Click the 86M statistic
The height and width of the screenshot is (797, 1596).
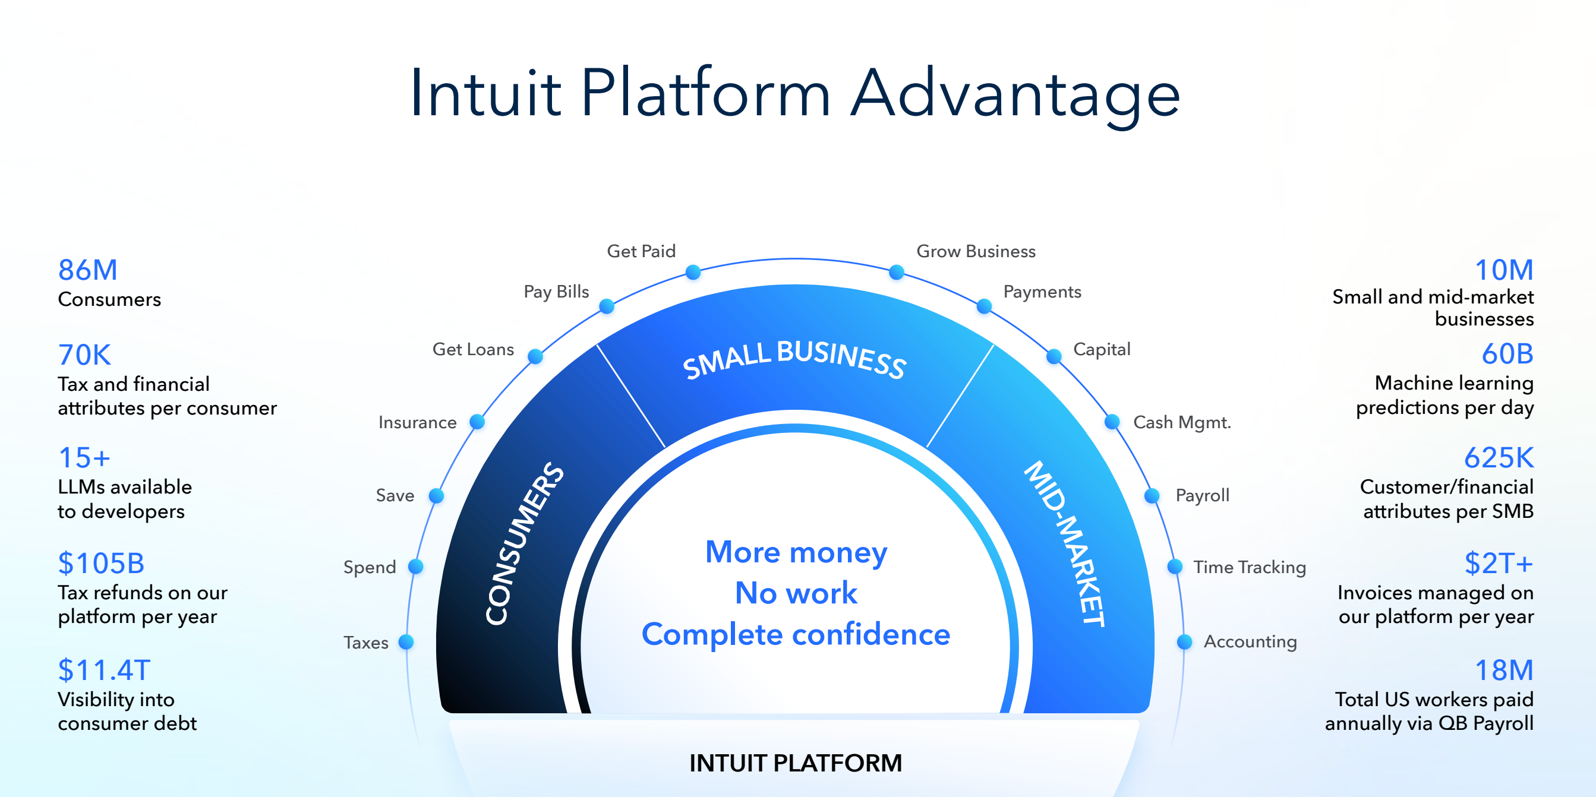click(x=87, y=270)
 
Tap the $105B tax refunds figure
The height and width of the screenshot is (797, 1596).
click(x=101, y=564)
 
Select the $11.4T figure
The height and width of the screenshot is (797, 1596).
click(x=104, y=670)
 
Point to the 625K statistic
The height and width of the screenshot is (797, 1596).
click(x=1499, y=458)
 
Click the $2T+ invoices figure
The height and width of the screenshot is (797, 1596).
click(x=1499, y=564)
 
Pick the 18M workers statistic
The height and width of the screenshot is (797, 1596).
click(x=1504, y=670)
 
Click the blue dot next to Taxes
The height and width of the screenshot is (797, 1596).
click(x=406, y=642)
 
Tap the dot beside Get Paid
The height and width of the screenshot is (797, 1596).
click(x=693, y=273)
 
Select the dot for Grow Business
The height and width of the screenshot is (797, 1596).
click(x=897, y=273)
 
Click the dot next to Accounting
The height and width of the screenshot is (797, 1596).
click(x=1185, y=641)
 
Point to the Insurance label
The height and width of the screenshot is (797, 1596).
click(x=418, y=422)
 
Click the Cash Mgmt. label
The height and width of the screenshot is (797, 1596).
click(x=1182, y=422)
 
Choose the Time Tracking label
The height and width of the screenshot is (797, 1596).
click(x=1250, y=567)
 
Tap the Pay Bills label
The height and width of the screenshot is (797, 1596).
click(x=556, y=292)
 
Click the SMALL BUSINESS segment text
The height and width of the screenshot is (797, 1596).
click(x=795, y=359)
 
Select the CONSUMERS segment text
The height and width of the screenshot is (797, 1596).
click(x=523, y=543)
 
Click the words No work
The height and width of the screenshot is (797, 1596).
click(x=796, y=593)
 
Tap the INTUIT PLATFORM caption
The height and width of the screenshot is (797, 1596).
click(x=796, y=763)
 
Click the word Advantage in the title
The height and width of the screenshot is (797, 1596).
click(x=1015, y=93)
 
